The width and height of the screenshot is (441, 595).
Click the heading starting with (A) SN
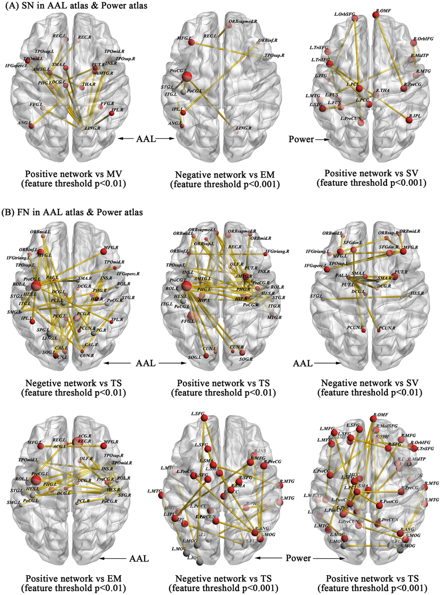76,5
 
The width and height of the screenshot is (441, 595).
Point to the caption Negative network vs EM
225,175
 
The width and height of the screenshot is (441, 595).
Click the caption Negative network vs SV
370,383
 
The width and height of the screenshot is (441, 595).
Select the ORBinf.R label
268,40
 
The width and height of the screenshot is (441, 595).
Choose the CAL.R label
91,345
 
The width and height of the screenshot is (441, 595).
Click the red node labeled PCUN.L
363,330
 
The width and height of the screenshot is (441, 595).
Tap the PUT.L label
348,285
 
